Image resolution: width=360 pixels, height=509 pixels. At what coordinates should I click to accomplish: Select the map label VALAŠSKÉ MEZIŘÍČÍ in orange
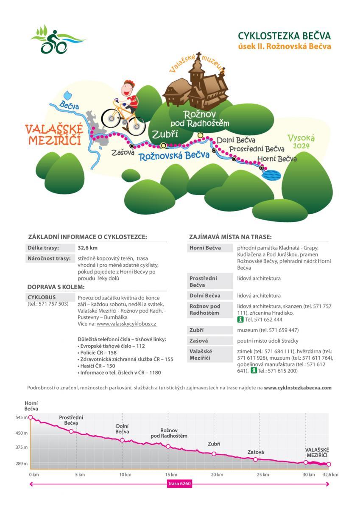pyautogui.click(x=53, y=134)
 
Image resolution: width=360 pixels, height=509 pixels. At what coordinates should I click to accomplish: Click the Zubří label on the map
pyautogui.click(x=165, y=134)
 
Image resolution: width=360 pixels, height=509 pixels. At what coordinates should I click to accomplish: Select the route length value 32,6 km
pyautogui.click(x=88, y=248)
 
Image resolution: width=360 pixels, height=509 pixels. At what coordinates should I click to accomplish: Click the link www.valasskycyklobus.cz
pyautogui.click(x=127, y=324)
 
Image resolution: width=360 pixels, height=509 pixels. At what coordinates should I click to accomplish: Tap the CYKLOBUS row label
pyautogui.click(x=42, y=297)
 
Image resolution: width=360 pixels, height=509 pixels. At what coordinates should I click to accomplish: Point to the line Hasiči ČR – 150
pyautogui.click(x=97, y=366)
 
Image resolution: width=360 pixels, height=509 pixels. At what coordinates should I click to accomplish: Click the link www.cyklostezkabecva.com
pyautogui.click(x=297, y=388)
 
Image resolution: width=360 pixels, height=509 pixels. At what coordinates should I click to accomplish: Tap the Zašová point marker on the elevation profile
pyautogui.click(x=255, y=459)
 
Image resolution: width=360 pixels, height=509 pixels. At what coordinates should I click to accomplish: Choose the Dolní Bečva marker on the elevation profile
pyautogui.click(x=122, y=440)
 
